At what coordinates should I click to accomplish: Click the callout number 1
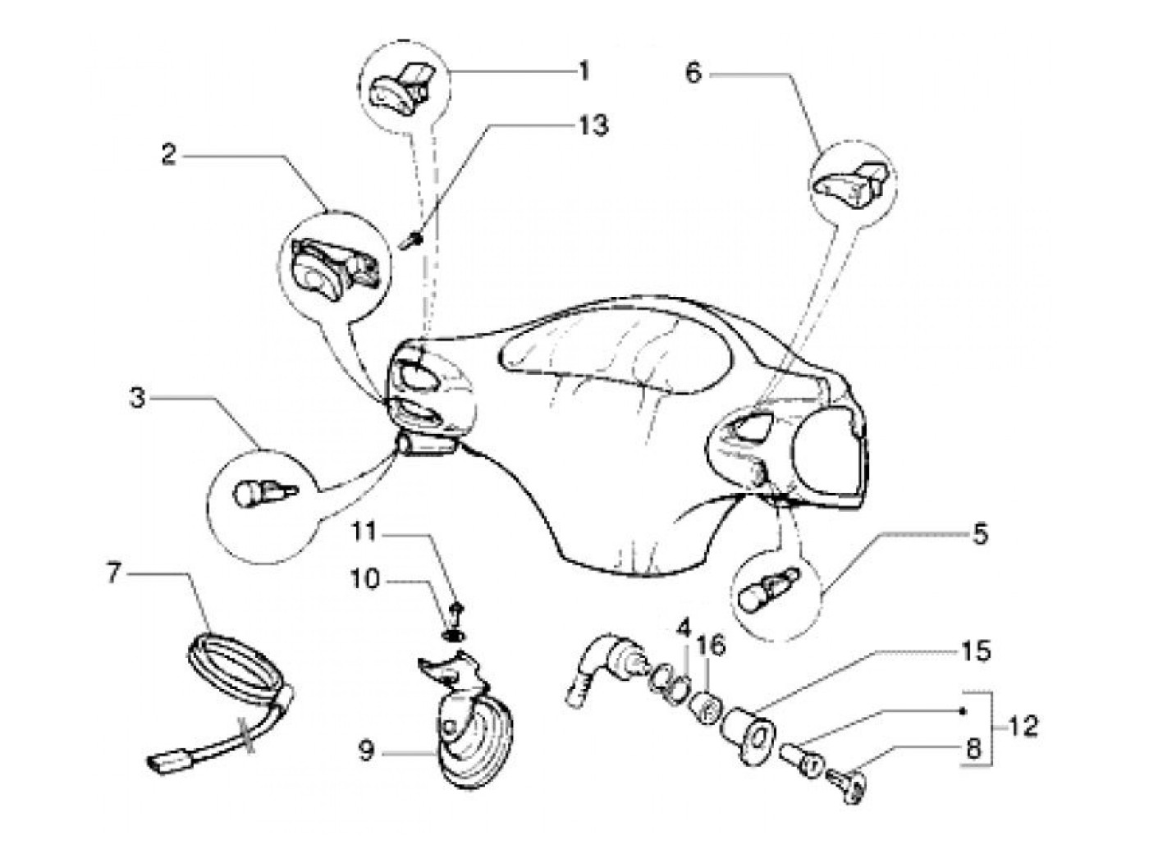[x=584, y=71]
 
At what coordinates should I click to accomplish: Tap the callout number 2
[x=168, y=153]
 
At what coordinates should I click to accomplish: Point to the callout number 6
[x=694, y=74]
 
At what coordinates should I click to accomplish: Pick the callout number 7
[x=114, y=572]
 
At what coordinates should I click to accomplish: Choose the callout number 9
[x=366, y=751]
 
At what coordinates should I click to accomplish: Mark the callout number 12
[x=1021, y=726]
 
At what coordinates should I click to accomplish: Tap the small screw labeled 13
[x=412, y=240]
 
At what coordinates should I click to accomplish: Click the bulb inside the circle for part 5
[x=767, y=591]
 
